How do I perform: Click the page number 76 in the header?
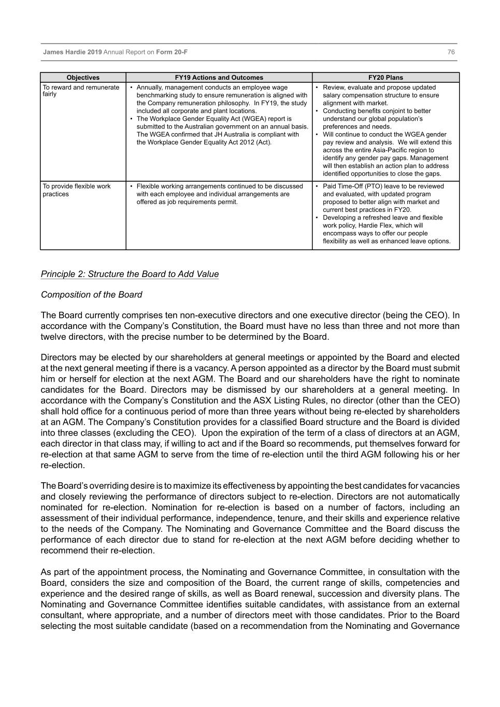pyautogui.click(x=451, y=52)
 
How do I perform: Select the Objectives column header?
pyautogui.click(x=83, y=78)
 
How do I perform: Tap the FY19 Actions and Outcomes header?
pyautogui.click(x=219, y=78)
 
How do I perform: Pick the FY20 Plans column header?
pyautogui.click(x=385, y=78)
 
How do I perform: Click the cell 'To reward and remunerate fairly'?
pyautogui.click(x=81, y=91)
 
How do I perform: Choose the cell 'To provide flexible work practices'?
pyautogui.click(x=77, y=190)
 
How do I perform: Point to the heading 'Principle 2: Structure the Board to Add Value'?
pyautogui.click(x=130, y=274)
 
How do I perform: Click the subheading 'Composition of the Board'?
pyautogui.click(x=91, y=295)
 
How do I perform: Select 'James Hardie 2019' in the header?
pyautogui.click(x=73, y=52)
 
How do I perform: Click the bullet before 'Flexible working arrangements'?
pyautogui.click(x=132, y=186)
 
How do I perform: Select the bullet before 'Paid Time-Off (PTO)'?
pyautogui.click(x=317, y=186)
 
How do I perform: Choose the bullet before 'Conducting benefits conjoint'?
pyautogui.click(x=317, y=111)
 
